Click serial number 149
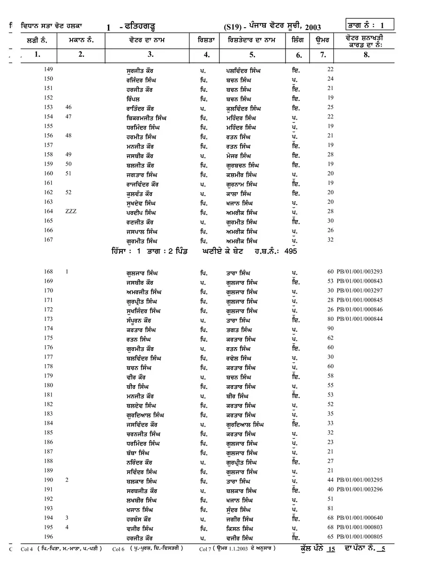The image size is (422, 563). point(48,70)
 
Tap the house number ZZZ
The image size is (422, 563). point(71,212)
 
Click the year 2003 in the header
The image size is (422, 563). point(311,28)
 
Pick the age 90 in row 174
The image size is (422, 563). point(331,328)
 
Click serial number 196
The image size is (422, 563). point(48,537)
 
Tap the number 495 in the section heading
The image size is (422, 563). point(291,251)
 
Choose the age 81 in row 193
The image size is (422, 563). point(331,509)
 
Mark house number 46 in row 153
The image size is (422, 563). point(69,107)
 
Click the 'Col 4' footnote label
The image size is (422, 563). point(27,548)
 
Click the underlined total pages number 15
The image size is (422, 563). point(332,548)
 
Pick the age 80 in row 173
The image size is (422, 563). point(331,319)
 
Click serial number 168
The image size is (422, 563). point(48,272)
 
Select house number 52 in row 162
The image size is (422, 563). point(69,192)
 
